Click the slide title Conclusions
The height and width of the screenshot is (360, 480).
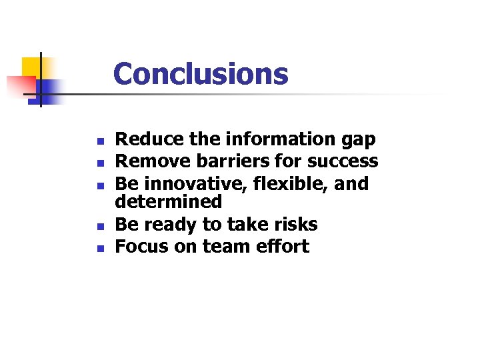coord(201,74)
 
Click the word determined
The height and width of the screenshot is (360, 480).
coord(168,201)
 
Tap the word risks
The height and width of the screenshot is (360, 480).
coord(293,225)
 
